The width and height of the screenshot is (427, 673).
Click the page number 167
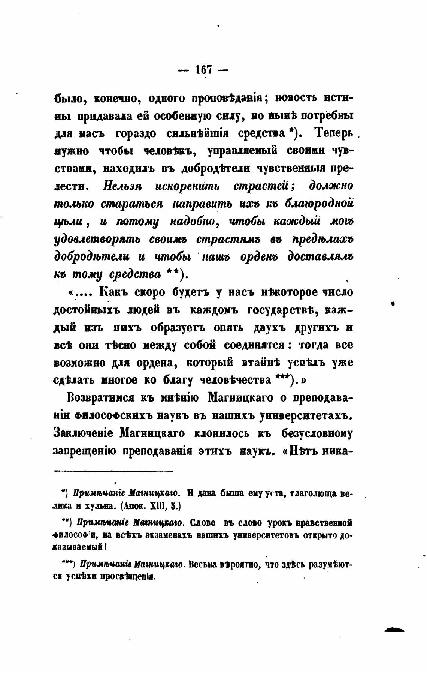click(203, 70)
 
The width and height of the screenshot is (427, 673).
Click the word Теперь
click(334, 133)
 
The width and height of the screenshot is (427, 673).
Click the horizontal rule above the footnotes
click(113, 471)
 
